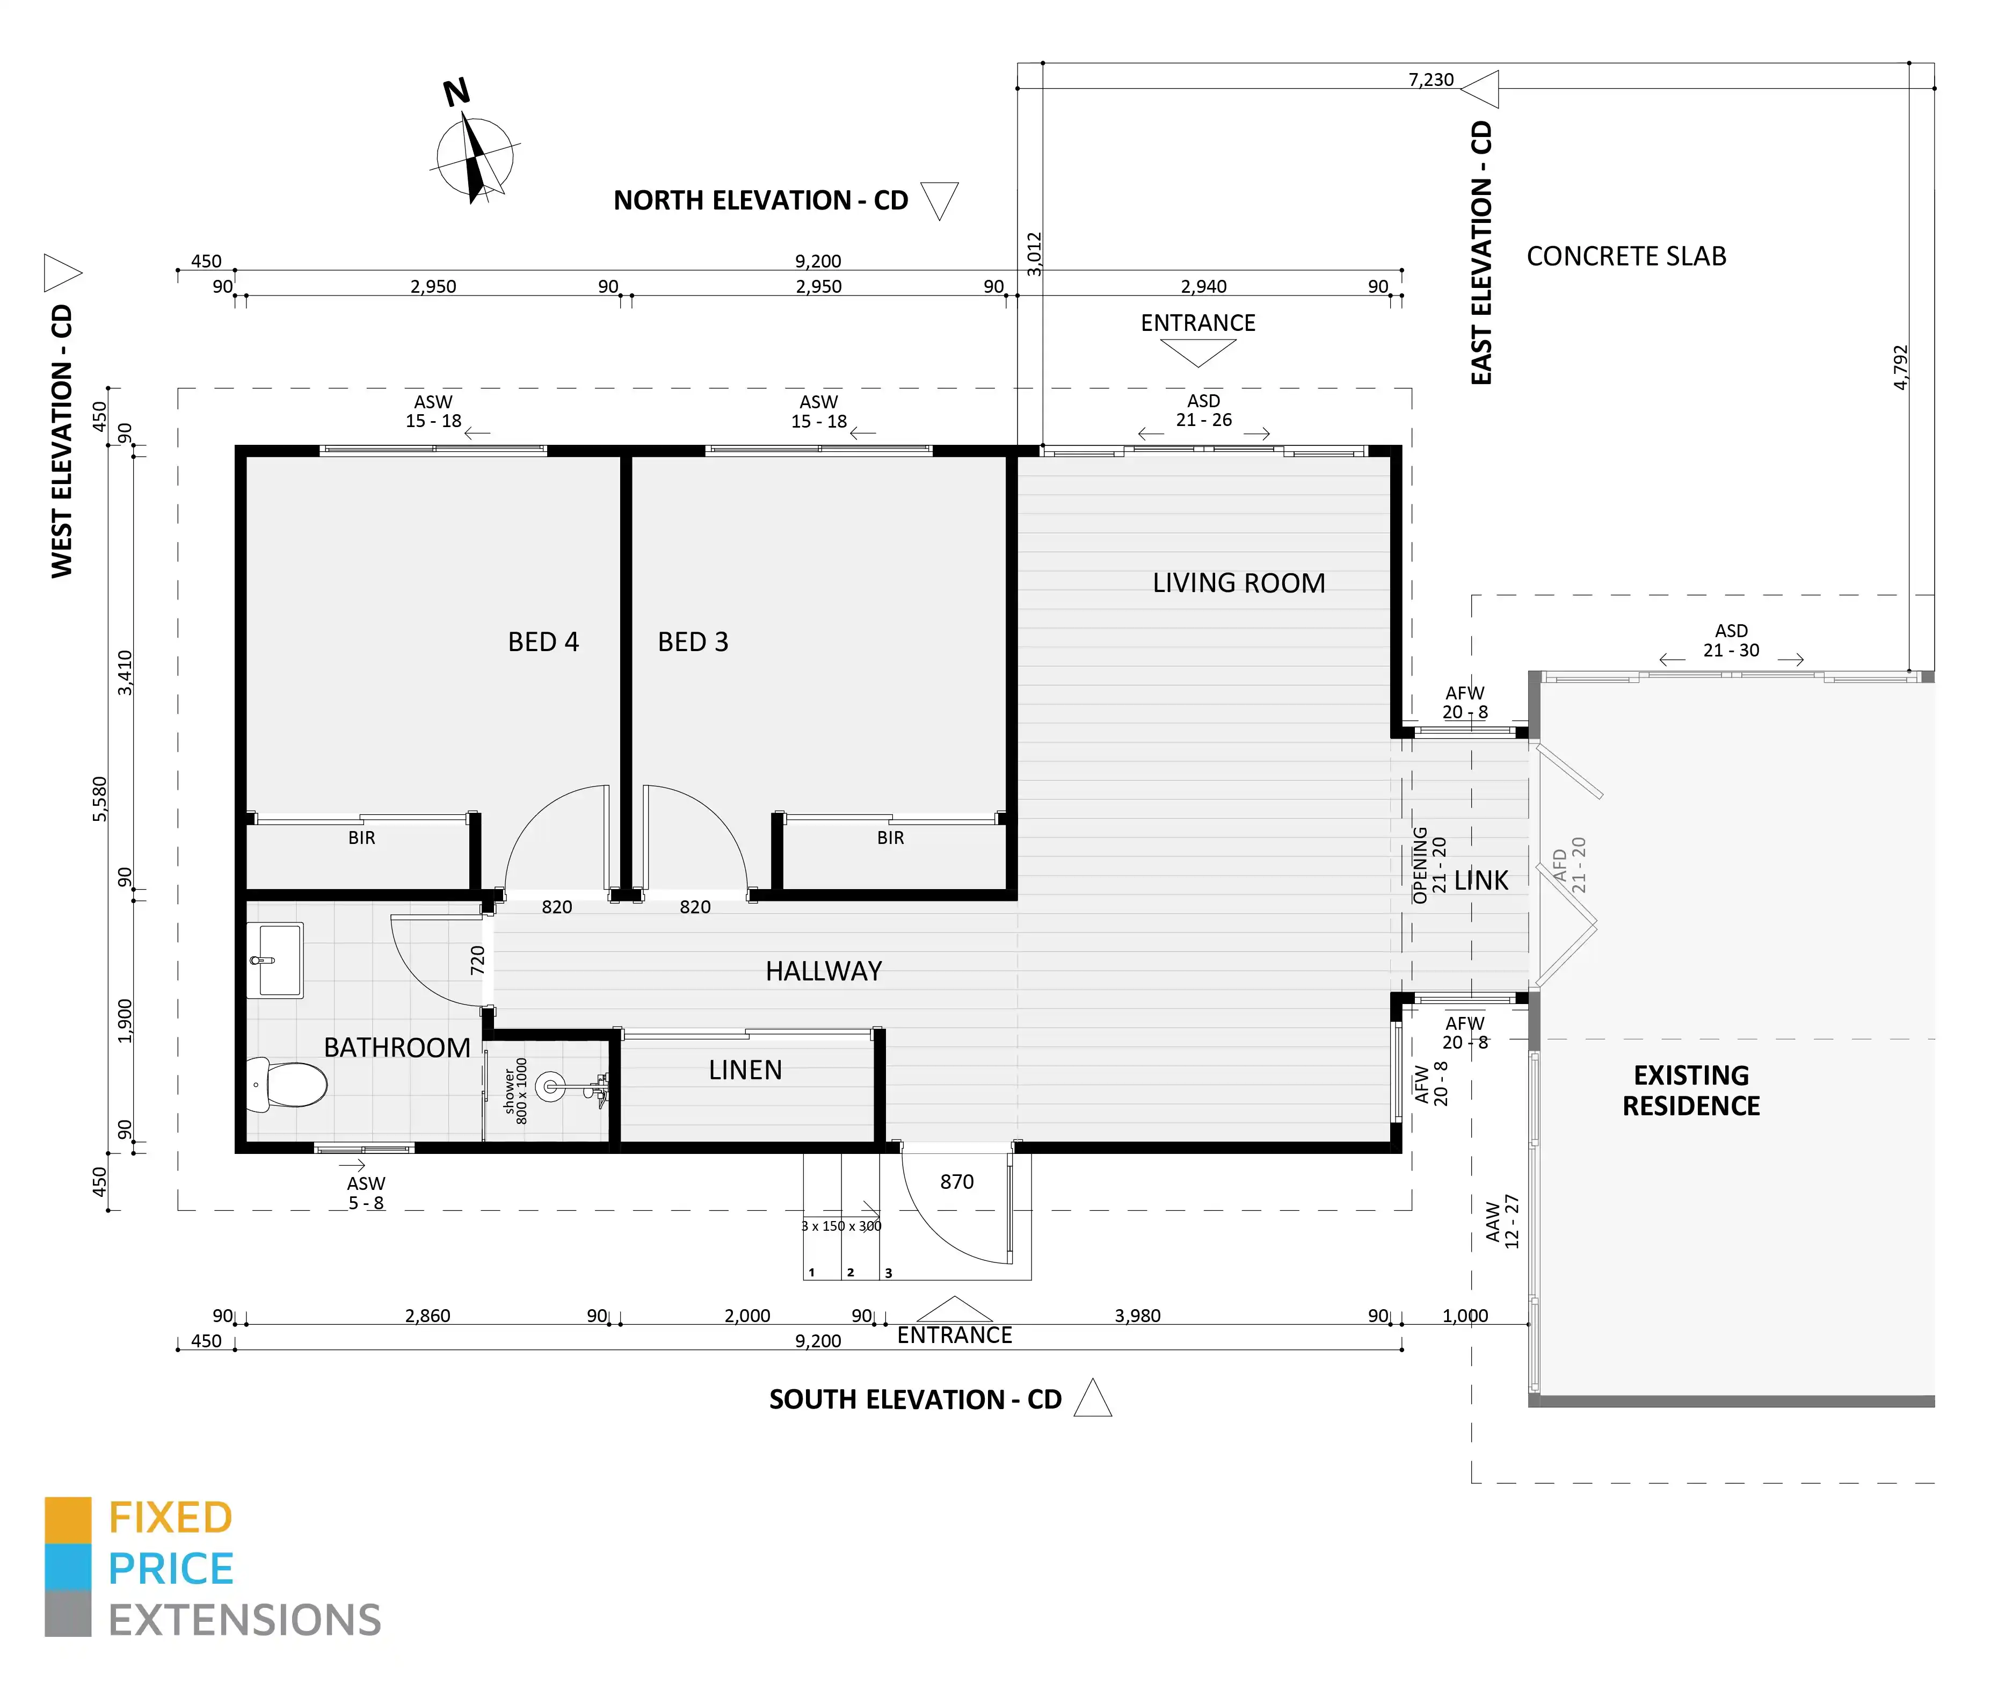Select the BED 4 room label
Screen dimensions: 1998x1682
point(543,642)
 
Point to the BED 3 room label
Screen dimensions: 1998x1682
point(693,642)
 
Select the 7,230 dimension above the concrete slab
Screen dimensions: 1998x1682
point(1431,79)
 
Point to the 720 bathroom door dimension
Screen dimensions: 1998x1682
point(477,959)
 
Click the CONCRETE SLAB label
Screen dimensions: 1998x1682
point(1626,256)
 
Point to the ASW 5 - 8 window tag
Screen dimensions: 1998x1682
point(366,1193)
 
